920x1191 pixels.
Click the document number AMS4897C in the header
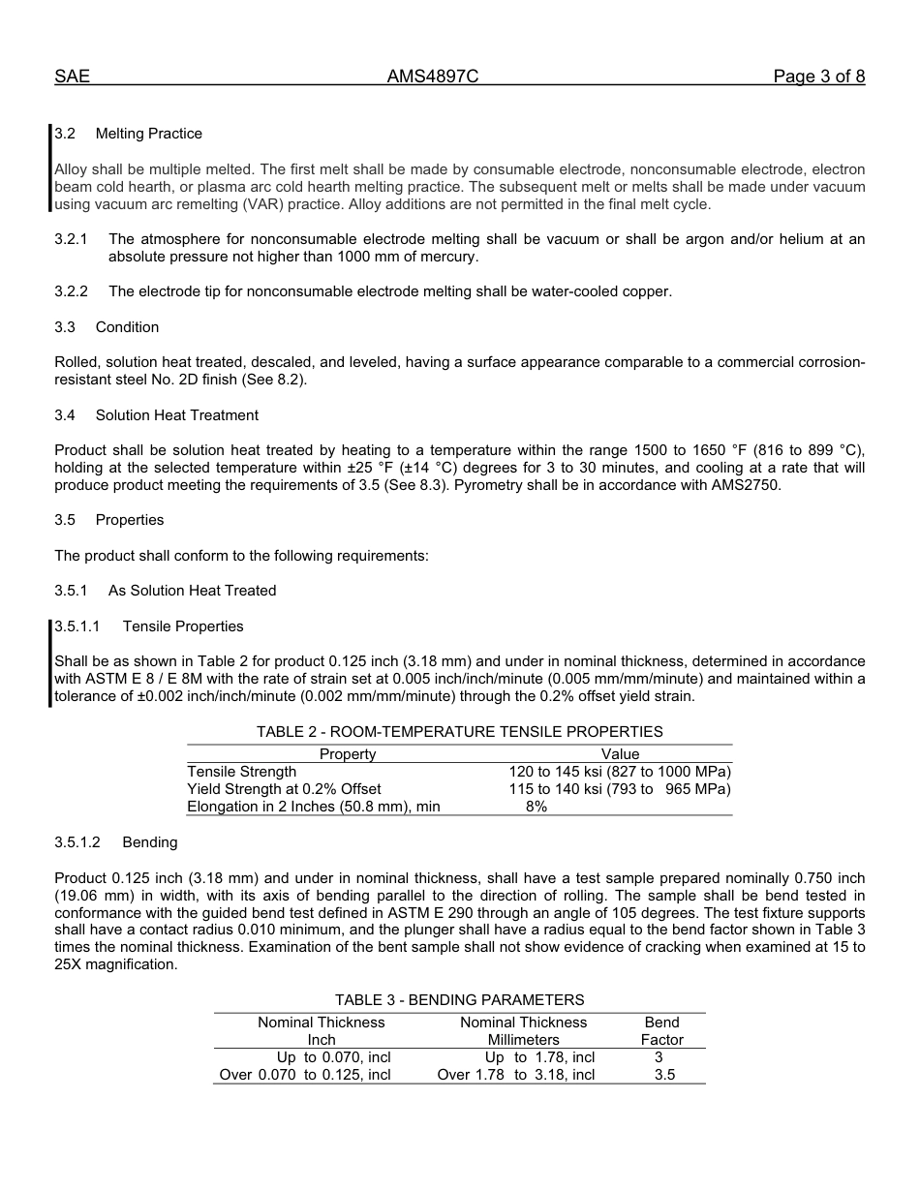tap(433, 77)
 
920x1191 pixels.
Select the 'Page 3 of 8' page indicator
tap(818, 77)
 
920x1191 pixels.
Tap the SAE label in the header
tap(72, 77)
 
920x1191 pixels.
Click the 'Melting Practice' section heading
tap(148, 134)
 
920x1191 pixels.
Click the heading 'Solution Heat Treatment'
tap(176, 415)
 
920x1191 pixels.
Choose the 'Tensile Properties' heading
tap(183, 626)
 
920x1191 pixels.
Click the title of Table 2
tap(459, 732)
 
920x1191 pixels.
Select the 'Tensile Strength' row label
tap(242, 772)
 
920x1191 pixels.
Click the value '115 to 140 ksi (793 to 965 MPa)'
tap(620, 789)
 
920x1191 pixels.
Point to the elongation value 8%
tap(537, 807)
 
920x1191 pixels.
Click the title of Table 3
tap(459, 1000)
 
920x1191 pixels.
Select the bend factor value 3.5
tap(664, 1075)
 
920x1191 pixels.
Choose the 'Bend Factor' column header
tap(662, 1031)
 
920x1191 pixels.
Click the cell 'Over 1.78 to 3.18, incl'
tap(516, 1075)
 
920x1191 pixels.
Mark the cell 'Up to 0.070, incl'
tap(333, 1057)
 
